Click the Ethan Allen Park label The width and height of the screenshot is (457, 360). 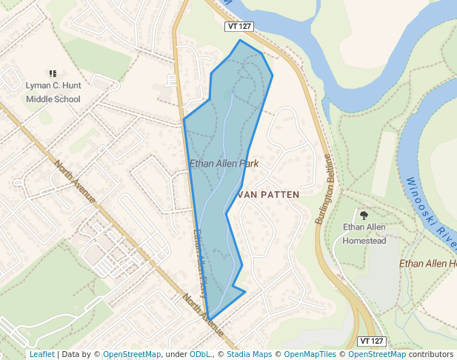click(x=224, y=164)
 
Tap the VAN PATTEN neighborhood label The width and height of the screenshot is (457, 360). click(x=268, y=194)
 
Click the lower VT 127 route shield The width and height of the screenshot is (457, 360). click(x=372, y=341)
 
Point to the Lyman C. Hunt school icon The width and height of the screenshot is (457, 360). click(x=53, y=73)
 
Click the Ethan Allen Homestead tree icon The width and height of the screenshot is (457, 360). click(x=364, y=215)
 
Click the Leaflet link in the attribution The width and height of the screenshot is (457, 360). click(x=41, y=354)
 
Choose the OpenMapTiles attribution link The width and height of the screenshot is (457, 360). click(x=309, y=354)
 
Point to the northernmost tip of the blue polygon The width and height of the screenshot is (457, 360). click(x=239, y=40)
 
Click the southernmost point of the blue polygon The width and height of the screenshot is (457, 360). click(x=210, y=319)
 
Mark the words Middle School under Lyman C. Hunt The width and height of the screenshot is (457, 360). click(x=53, y=99)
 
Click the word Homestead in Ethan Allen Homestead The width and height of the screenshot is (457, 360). click(x=364, y=241)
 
